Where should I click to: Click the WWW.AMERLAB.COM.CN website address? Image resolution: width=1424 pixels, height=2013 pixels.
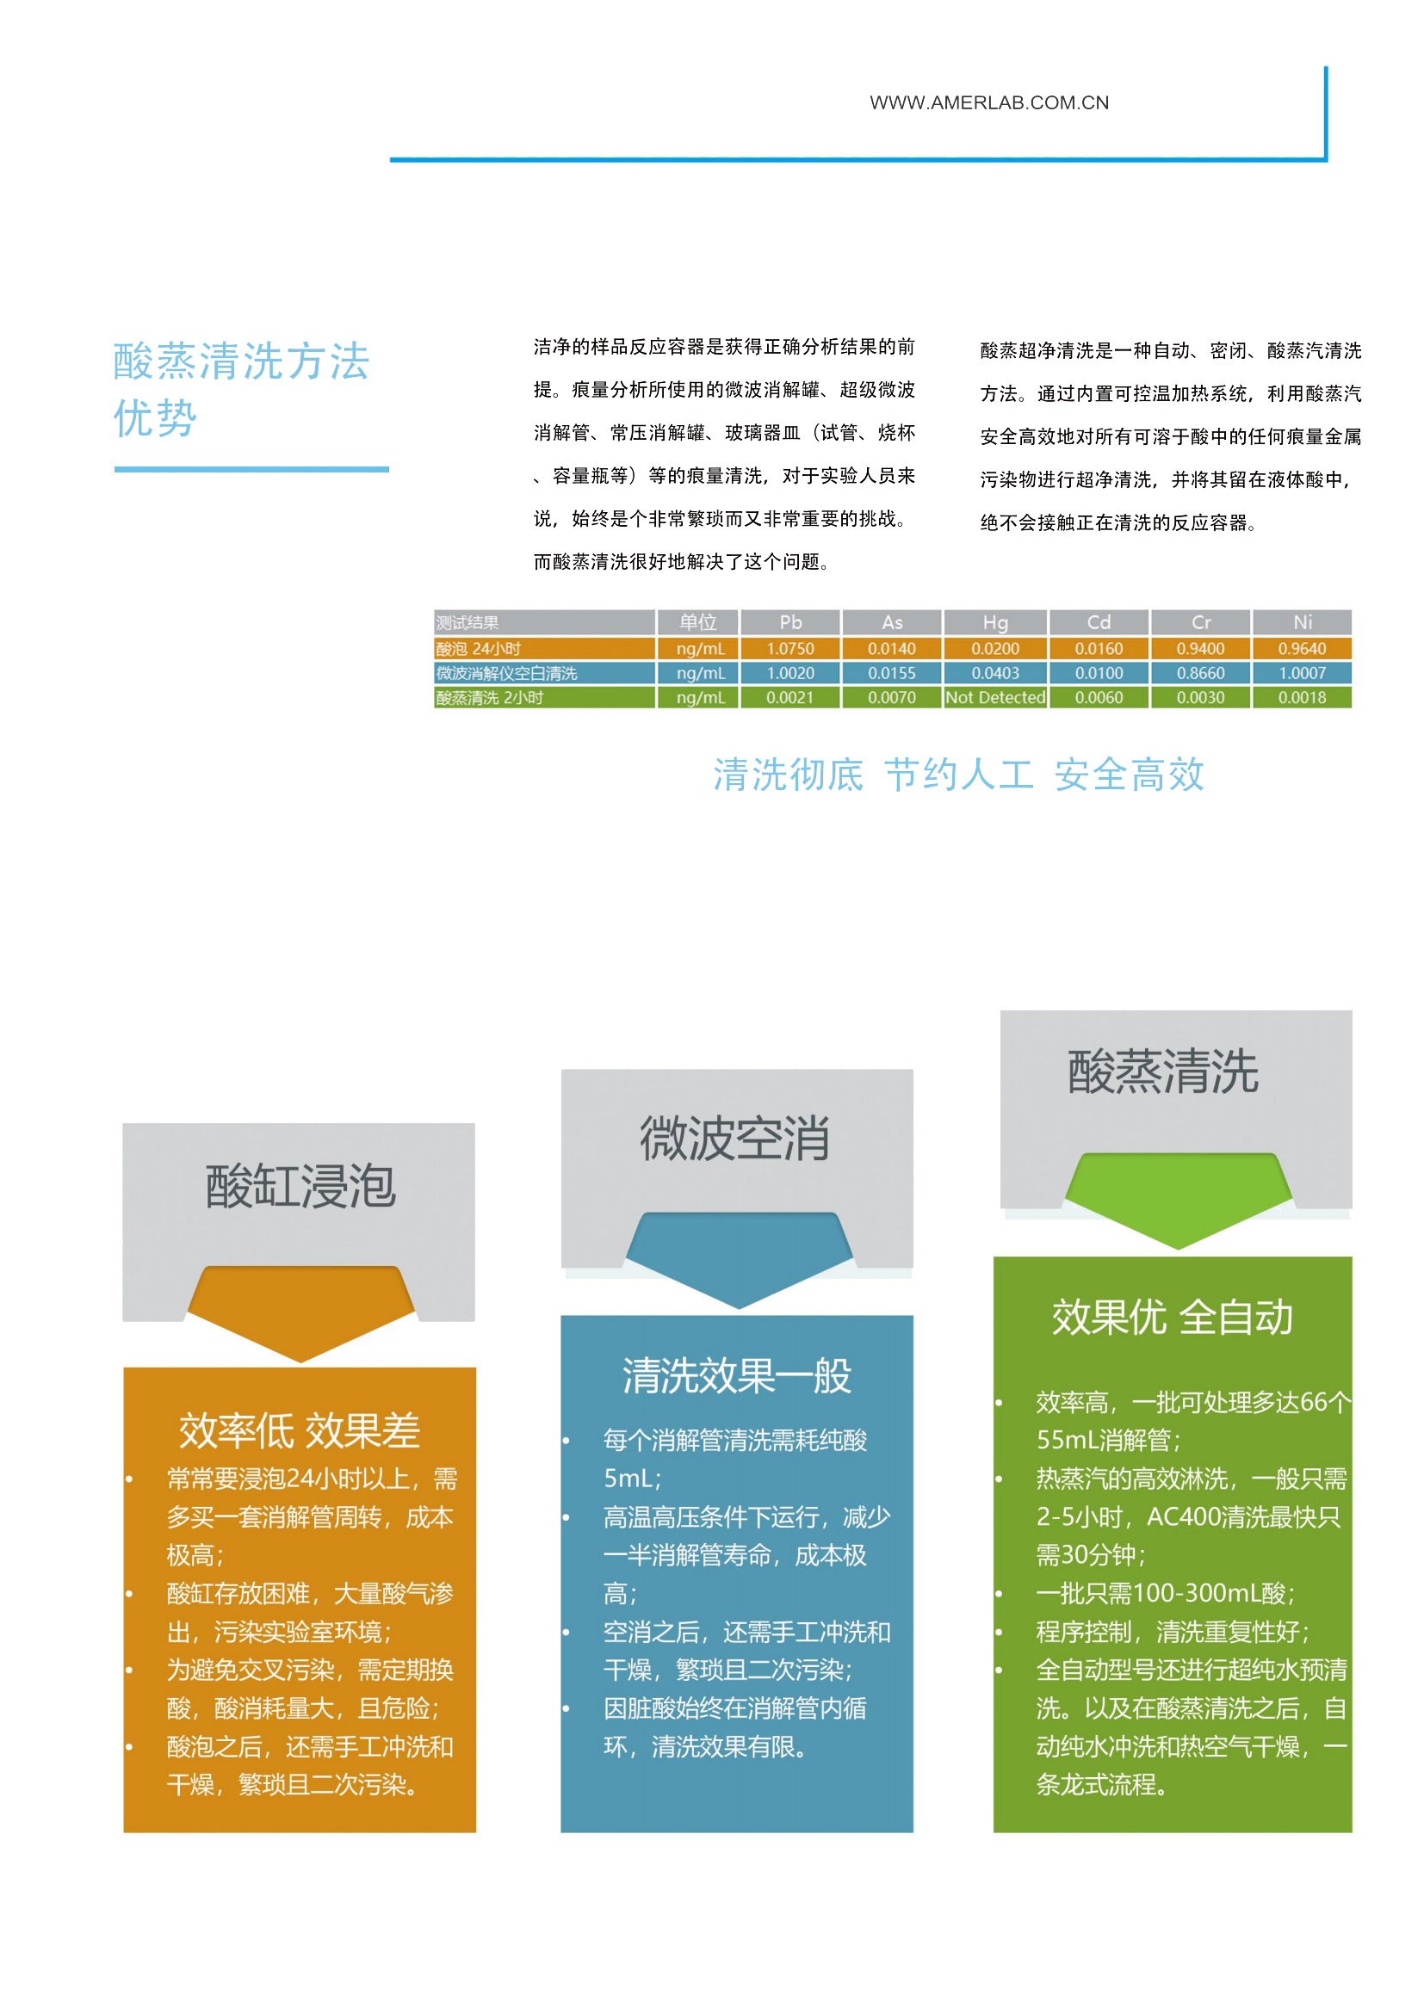click(988, 102)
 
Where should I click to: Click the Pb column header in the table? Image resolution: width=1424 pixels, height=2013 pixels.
click(790, 621)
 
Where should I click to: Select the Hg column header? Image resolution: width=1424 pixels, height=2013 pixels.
click(994, 621)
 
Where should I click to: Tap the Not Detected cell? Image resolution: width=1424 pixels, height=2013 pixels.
click(994, 697)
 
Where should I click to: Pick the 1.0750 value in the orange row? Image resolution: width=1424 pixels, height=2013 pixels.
click(790, 649)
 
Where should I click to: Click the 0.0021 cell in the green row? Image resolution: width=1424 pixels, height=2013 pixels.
click(790, 698)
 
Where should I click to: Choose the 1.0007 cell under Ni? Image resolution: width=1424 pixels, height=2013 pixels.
click(1302, 673)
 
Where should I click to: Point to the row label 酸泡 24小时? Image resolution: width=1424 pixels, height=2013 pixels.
click(478, 649)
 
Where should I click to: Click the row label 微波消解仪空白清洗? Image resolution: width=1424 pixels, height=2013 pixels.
click(506, 673)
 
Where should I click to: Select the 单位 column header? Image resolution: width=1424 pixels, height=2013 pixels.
click(698, 621)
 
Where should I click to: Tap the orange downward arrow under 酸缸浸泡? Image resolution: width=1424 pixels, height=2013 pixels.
click(300, 1313)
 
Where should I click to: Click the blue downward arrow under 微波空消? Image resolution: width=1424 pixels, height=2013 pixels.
click(739, 1260)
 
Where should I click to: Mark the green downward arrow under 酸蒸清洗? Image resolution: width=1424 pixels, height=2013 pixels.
click(1178, 1201)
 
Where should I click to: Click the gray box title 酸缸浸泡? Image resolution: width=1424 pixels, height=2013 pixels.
click(300, 1186)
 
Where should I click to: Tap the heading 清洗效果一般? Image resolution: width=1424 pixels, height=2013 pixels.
click(737, 1374)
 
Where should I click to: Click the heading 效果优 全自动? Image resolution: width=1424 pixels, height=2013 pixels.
click(1173, 1316)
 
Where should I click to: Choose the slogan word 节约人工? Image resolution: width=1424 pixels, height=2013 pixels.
click(959, 775)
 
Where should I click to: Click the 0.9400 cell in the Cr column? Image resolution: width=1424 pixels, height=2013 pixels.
click(1200, 649)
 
